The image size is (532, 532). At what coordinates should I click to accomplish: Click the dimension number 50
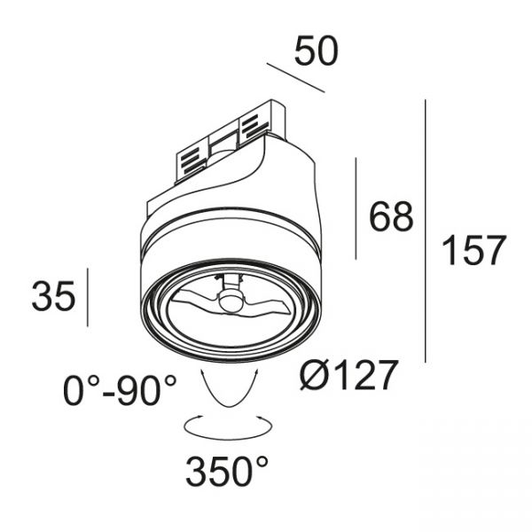(x=317, y=51)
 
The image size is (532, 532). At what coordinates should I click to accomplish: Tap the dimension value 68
(x=391, y=216)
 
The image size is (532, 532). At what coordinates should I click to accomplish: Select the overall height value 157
(x=474, y=250)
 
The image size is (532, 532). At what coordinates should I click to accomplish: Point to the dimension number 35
(x=53, y=295)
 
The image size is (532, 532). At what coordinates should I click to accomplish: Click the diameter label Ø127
(x=348, y=375)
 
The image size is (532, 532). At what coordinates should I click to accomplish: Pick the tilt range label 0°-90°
(x=120, y=390)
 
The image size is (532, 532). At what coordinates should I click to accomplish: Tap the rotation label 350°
(x=227, y=472)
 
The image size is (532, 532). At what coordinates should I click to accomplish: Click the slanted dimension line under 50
(x=295, y=78)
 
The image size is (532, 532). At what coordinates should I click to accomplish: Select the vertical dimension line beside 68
(x=356, y=208)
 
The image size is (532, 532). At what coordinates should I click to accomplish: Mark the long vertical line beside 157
(x=425, y=231)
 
